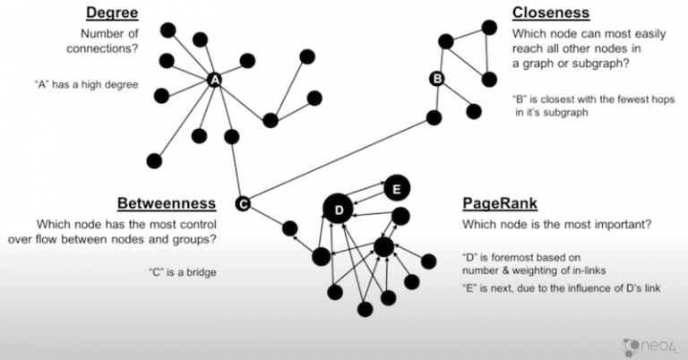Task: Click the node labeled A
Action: coord(214,81)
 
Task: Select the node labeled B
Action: coord(437,79)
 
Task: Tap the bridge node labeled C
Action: coord(242,204)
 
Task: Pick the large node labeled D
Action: coord(339,210)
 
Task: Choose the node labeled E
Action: coord(397,188)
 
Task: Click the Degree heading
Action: coord(114,13)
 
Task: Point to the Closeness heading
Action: coord(550,13)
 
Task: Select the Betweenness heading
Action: coord(166,204)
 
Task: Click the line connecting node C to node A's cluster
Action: coord(236,170)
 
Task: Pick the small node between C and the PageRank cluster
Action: coord(289,228)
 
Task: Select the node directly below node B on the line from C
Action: coord(434,117)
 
